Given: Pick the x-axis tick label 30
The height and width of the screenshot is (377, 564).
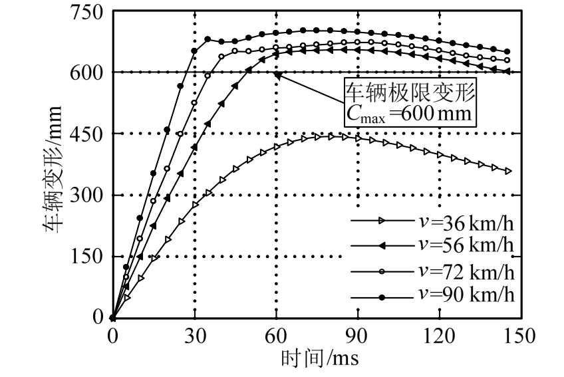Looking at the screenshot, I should pyautogui.click(x=194, y=336).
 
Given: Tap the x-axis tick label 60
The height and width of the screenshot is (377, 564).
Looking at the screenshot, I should pyautogui.click(x=276, y=336).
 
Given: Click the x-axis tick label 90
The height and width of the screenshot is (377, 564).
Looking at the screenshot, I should pyautogui.click(x=358, y=336).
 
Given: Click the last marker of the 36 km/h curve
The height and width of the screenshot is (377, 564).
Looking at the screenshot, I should pyautogui.click(x=509, y=171).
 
